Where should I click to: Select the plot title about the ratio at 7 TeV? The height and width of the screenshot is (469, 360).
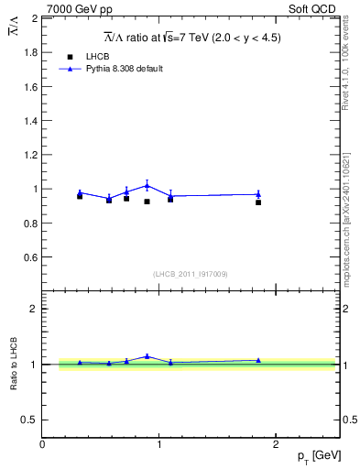click(x=191, y=38)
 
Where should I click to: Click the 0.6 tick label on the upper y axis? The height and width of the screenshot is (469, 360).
click(x=30, y=257)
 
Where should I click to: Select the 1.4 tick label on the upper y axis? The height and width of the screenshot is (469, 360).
click(x=30, y=121)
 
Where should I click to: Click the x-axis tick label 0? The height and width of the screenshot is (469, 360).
click(x=42, y=444)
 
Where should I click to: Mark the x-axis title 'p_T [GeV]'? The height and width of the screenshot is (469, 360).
click(x=313, y=457)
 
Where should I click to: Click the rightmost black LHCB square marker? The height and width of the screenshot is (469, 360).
click(x=258, y=202)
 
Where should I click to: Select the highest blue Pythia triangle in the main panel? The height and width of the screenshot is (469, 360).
click(x=147, y=185)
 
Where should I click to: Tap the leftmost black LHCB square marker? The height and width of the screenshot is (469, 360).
click(x=80, y=196)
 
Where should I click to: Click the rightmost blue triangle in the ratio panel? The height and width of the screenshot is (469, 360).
click(x=258, y=360)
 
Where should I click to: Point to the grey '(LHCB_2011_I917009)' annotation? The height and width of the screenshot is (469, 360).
click(x=190, y=274)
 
